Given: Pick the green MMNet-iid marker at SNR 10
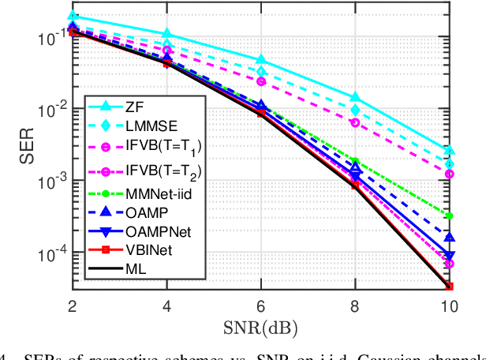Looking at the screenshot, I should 450,216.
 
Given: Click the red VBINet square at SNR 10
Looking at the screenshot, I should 450,286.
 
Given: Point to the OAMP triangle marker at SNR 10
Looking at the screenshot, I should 450,238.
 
